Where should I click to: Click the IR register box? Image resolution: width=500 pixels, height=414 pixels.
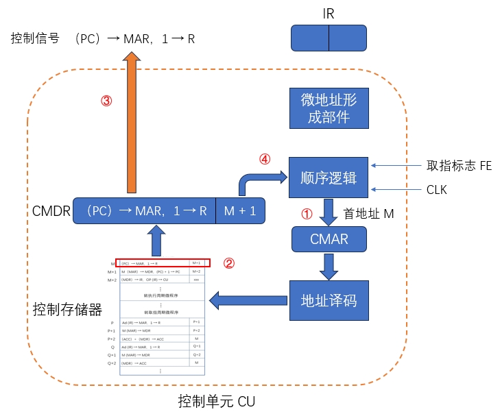(x=329, y=38)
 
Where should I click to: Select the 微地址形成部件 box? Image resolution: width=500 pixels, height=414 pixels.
(x=329, y=108)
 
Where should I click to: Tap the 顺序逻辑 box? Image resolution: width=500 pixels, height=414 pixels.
(x=329, y=178)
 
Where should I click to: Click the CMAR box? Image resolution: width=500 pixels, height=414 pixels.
(x=329, y=239)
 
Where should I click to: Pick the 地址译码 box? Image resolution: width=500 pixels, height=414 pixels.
(x=329, y=300)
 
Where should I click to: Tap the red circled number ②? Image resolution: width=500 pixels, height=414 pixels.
(x=230, y=263)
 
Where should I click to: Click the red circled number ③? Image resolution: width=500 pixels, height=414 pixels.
(x=106, y=100)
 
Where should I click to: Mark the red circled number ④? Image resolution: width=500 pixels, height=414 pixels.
(x=265, y=159)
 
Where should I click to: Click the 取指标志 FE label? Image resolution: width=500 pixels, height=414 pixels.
(x=459, y=165)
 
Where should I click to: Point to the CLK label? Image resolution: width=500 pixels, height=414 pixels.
(x=436, y=189)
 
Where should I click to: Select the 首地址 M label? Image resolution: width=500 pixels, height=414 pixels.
(x=368, y=214)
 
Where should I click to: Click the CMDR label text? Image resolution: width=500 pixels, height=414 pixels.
(x=51, y=211)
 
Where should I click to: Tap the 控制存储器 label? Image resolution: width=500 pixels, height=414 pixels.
(x=67, y=310)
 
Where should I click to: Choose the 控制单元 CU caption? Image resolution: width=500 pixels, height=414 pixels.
(x=216, y=401)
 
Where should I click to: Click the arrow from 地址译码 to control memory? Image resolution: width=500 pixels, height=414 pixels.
(x=247, y=300)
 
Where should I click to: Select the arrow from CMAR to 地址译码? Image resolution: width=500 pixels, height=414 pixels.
(x=330, y=266)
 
